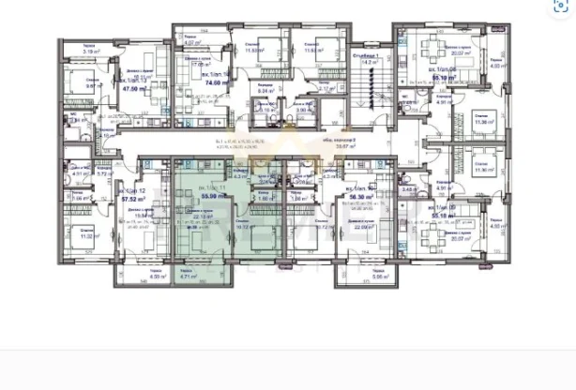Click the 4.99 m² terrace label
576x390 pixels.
tap(132, 277)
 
